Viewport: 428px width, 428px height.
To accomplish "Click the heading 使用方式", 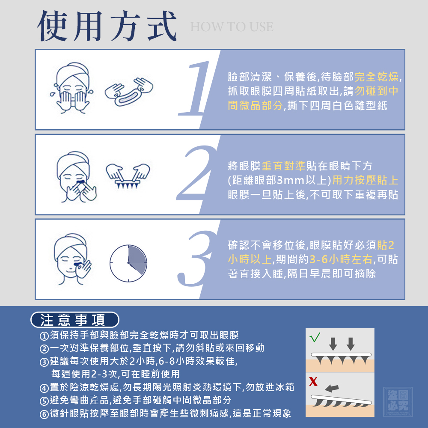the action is tap(107, 27).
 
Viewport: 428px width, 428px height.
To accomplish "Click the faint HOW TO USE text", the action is tap(232, 27).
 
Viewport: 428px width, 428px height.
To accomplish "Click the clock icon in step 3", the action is tap(128, 263).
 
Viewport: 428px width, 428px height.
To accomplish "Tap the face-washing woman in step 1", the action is tap(71, 88).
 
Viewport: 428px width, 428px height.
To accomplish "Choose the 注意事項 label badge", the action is tap(75, 320).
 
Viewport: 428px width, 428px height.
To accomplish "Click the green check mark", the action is tap(315, 337).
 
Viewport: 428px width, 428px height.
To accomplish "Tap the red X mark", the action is tap(313, 381).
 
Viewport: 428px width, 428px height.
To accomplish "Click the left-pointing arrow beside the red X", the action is tap(332, 388).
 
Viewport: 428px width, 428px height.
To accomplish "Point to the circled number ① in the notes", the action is tap(44, 336).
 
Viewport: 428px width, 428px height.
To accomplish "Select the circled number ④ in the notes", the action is tap(44, 388).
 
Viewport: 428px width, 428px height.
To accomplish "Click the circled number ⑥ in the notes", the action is tap(44, 414).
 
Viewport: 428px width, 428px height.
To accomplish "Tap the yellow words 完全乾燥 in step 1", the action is tap(376, 77).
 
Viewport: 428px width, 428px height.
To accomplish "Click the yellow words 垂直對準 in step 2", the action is tap(283, 166).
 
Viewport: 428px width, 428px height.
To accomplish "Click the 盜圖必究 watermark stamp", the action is tap(398, 402).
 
